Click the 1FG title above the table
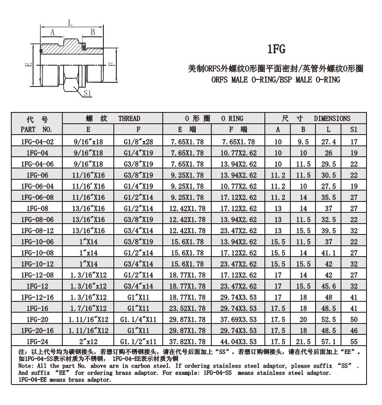click(276, 50)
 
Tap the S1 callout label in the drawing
click(87, 93)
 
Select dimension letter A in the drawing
click(53, 32)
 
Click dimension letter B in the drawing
click(93, 32)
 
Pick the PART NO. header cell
click(36, 130)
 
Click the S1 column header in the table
click(354, 130)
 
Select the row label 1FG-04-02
click(36, 142)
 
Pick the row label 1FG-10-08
click(36, 253)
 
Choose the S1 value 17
click(354, 142)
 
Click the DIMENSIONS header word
click(332, 118)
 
